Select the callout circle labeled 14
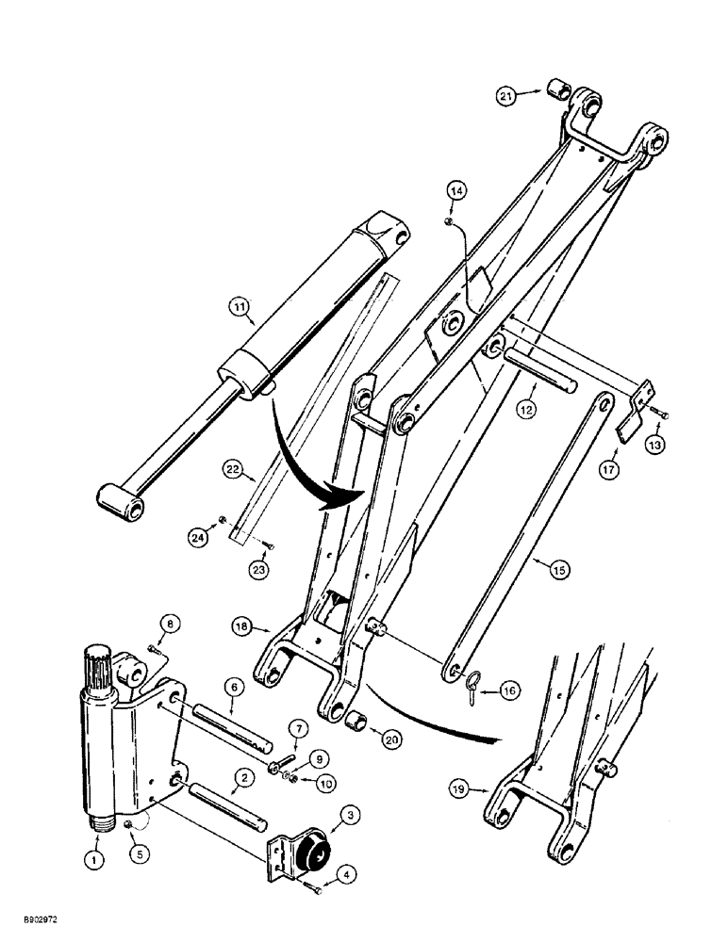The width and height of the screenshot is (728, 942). tap(456, 191)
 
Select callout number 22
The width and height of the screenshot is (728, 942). tap(232, 467)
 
